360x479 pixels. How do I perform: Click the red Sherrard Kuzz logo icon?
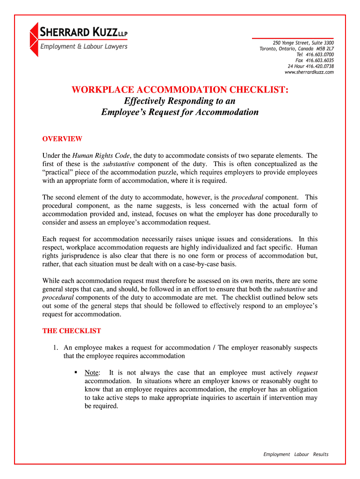[34, 40]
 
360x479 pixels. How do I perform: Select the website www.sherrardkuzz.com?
[309, 72]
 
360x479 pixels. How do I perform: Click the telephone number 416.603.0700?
[321, 55]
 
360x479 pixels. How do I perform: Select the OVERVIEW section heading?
[62, 139]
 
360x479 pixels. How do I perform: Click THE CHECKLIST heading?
[72, 331]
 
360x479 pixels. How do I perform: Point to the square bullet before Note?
[75, 373]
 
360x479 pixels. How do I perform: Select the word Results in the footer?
[321, 454]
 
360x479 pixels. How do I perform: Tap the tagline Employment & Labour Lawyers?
[83, 46]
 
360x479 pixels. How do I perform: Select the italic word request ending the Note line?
[307, 373]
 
